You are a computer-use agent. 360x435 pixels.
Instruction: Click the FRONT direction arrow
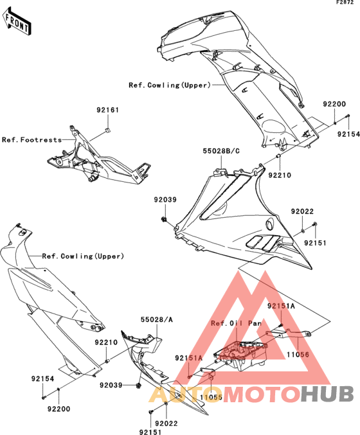(17, 22)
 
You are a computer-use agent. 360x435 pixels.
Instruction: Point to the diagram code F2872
(345, 3)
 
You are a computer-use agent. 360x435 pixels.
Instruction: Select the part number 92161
(108, 110)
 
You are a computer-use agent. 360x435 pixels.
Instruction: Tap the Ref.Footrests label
(32, 139)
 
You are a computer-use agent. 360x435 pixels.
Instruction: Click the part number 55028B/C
(221, 151)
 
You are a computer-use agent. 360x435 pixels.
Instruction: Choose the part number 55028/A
(157, 319)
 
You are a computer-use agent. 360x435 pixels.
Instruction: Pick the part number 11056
(298, 354)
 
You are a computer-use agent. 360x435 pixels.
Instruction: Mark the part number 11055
(212, 397)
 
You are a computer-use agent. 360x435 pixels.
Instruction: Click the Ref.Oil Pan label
(236, 323)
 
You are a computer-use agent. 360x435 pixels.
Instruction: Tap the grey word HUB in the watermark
(327, 395)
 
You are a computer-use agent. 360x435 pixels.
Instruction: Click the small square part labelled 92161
(108, 130)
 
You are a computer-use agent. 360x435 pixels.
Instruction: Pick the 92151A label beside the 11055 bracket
(189, 358)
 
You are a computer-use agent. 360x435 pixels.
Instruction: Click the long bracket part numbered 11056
(289, 333)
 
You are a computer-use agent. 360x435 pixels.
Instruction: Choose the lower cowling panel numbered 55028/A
(156, 369)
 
